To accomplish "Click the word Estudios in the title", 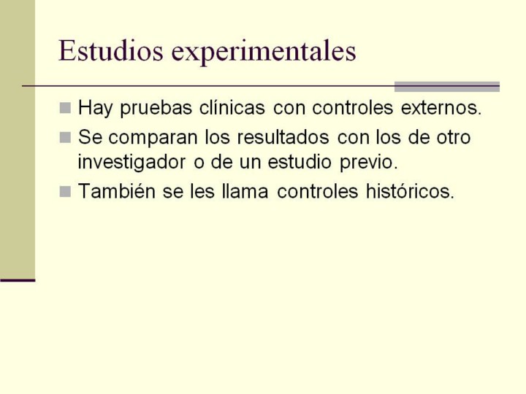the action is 111,51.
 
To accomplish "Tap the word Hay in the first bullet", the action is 95,108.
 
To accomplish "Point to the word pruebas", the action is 156,109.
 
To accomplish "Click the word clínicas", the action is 232,108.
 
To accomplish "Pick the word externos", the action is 441,108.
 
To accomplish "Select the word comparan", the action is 153,138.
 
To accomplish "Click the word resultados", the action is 283,137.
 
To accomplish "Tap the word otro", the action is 454,137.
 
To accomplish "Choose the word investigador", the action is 131,163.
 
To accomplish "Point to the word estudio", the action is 300,162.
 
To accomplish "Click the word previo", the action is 369,163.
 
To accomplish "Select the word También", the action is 117,191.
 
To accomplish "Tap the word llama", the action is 245,191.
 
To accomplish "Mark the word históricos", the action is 410,191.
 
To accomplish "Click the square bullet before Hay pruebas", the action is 65,108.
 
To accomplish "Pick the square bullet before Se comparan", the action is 65,137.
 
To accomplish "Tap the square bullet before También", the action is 65,192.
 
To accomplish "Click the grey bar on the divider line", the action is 447,86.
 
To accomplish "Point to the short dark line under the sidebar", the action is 18,280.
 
